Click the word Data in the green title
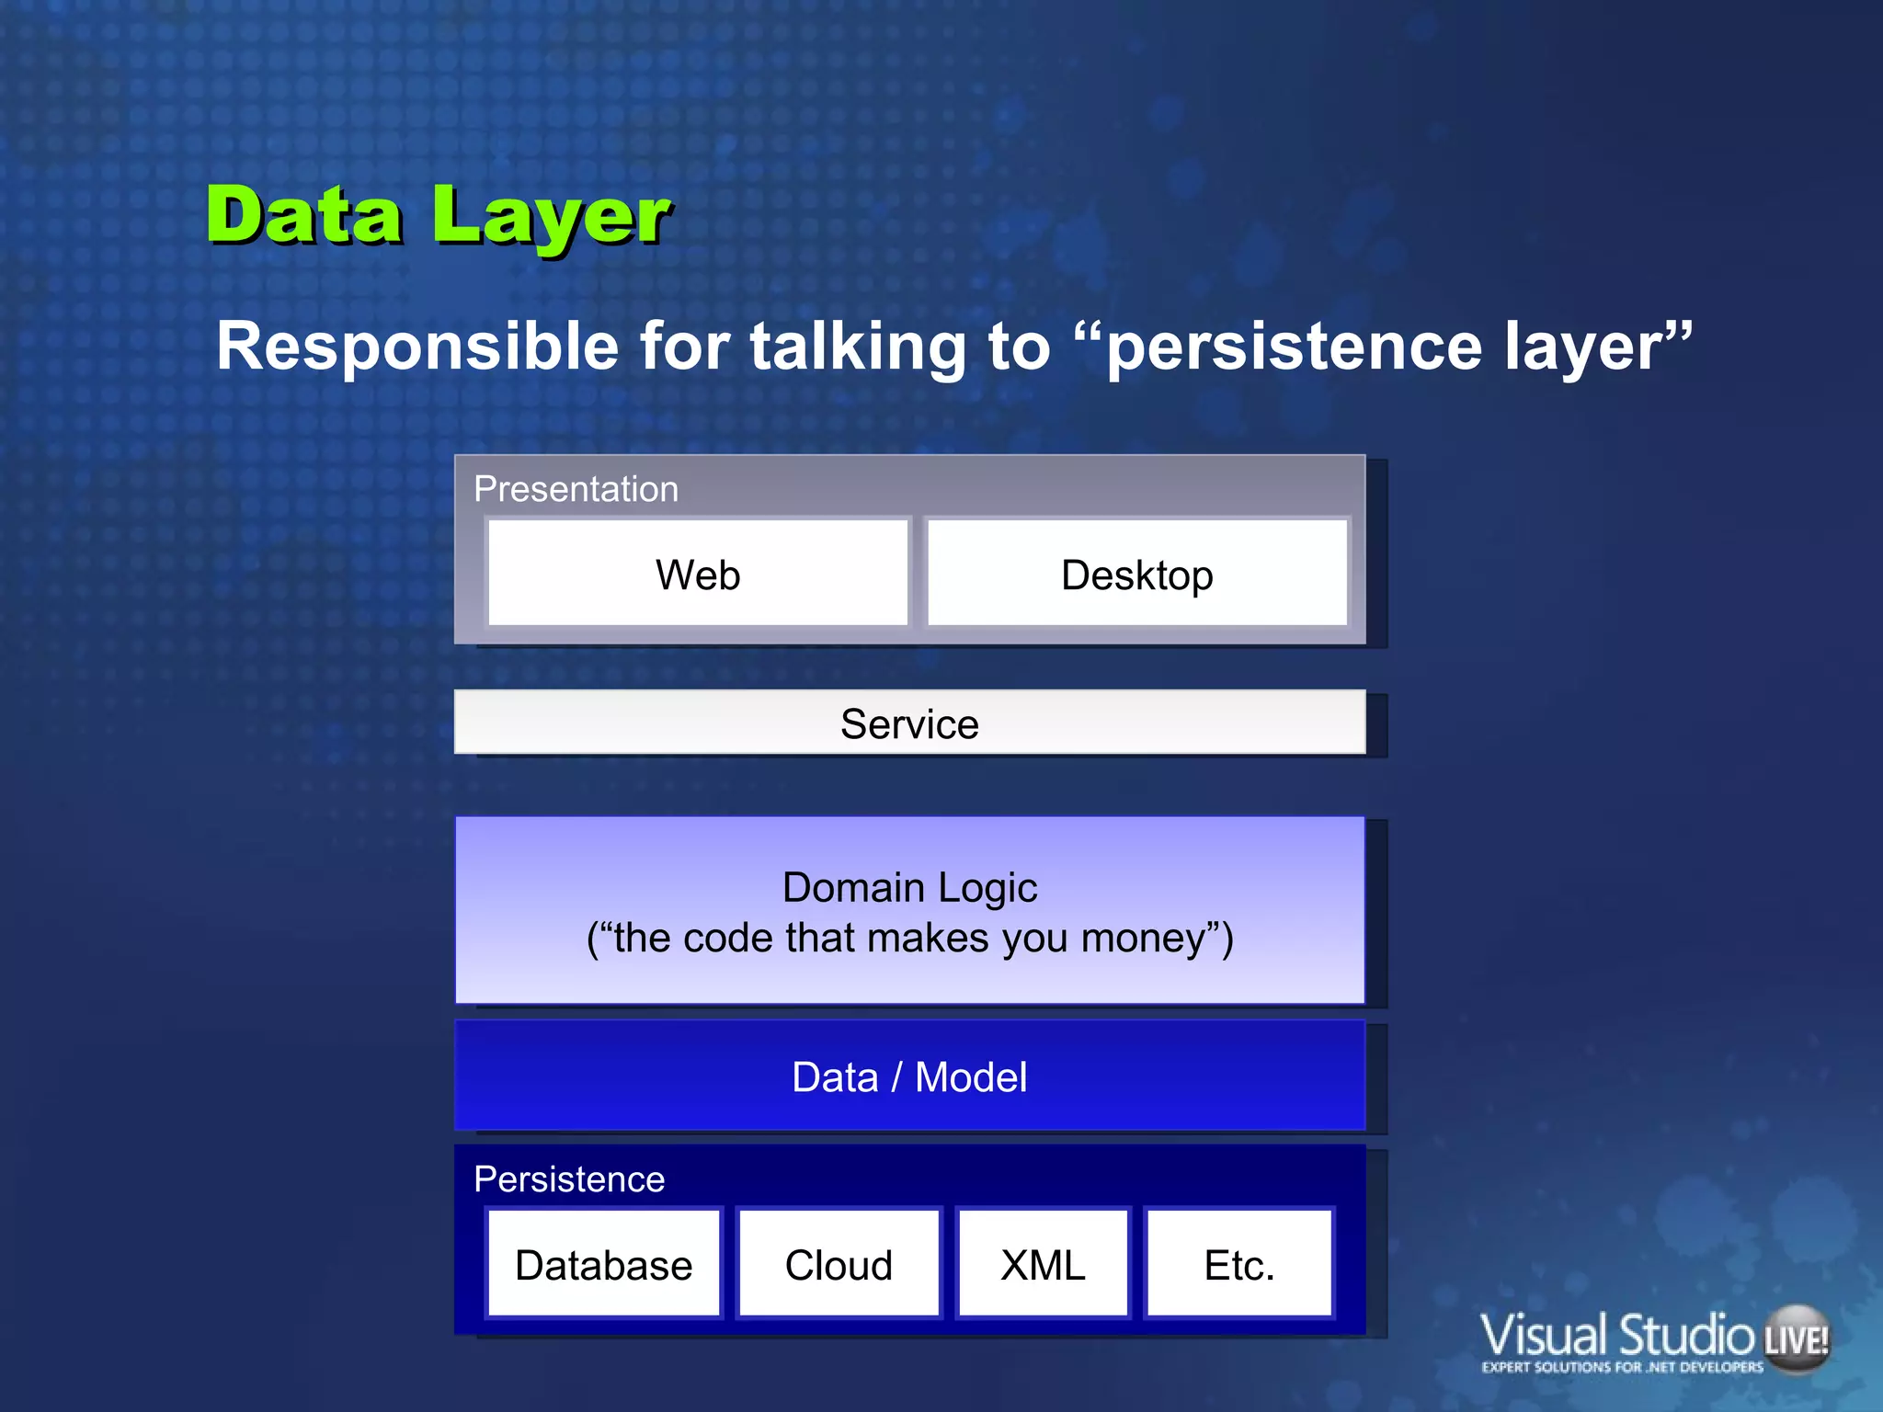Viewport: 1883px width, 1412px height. (x=303, y=216)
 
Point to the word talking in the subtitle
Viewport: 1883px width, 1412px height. (x=857, y=347)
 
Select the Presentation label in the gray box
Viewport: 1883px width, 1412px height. (x=576, y=489)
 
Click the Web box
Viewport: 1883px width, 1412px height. (x=698, y=575)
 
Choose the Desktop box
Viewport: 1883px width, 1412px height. (x=1136, y=575)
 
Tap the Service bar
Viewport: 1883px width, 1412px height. (x=909, y=723)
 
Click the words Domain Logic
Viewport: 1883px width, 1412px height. (x=909, y=887)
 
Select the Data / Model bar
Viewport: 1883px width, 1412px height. (x=909, y=1076)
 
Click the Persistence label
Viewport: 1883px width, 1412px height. (x=569, y=1179)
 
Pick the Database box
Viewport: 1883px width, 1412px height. (x=604, y=1265)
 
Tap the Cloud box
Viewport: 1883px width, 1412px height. (x=839, y=1265)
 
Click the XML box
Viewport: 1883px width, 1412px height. (x=1043, y=1265)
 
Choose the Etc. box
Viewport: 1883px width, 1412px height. (x=1239, y=1265)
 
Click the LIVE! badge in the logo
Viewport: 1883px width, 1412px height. (x=1796, y=1340)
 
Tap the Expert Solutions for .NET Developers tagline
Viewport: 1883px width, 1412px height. (x=1622, y=1367)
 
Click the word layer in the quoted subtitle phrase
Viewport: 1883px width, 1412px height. (x=1595, y=347)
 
